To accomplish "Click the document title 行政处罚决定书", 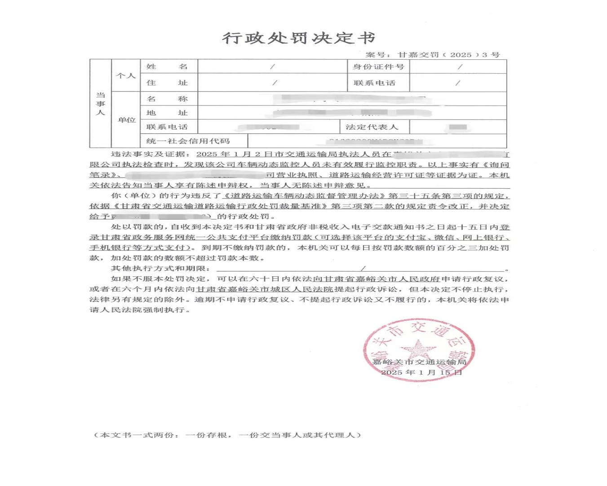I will tap(298, 38).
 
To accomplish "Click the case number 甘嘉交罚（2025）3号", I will tap(448, 55).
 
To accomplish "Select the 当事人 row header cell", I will tap(100, 103).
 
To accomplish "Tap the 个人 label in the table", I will tap(126, 75).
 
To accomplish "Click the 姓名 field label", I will tap(167, 66).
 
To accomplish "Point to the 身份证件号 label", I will tap(378, 66).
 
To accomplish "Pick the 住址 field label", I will tap(167, 83).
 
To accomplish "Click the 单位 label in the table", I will tap(126, 120).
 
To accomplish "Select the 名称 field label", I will tap(167, 99).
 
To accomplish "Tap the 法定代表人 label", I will tap(372, 127).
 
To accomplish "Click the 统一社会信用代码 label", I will tap(188, 141).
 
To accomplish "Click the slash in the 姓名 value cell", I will tap(272, 66).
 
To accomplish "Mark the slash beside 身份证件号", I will tap(460, 66).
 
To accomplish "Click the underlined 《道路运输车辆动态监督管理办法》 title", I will tap(305, 196).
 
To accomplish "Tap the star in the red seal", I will tap(418, 349).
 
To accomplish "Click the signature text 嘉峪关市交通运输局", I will tap(419, 362).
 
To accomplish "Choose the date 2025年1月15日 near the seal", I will tap(421, 372).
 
